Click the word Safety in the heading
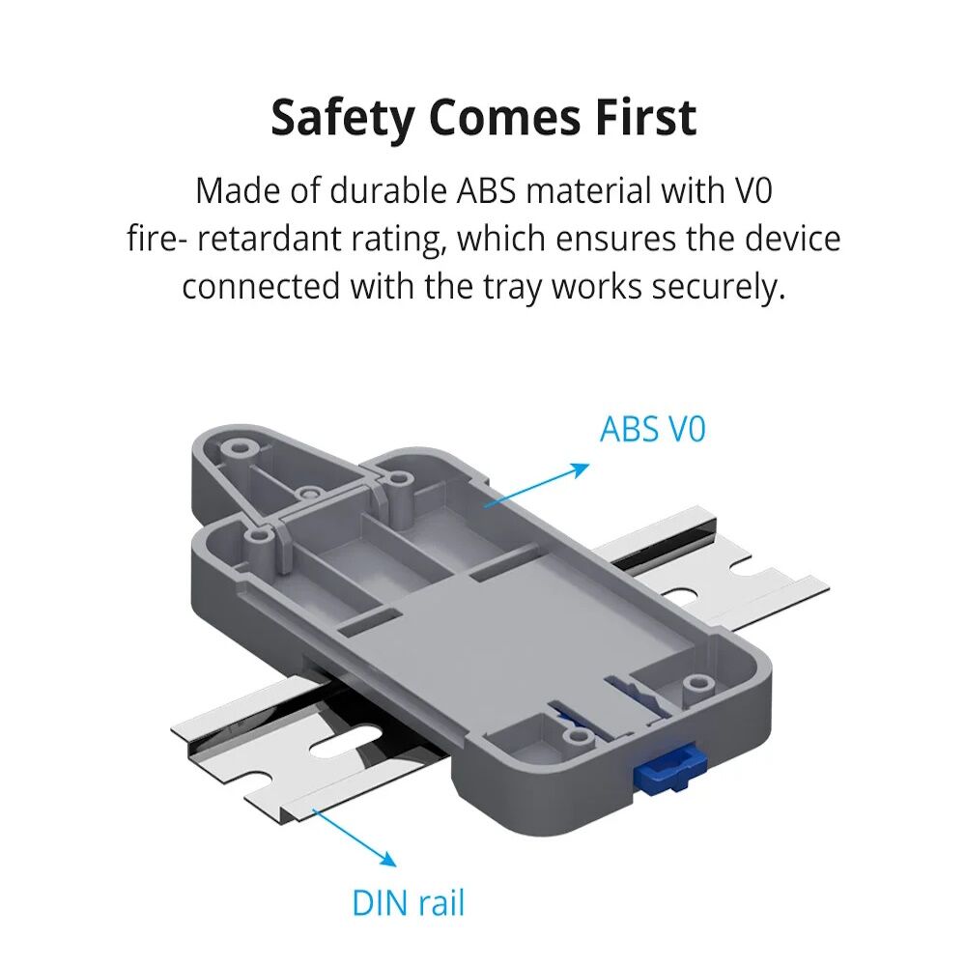point(343,118)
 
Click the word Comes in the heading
point(504,117)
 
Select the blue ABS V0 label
point(652,429)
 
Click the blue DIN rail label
point(408,903)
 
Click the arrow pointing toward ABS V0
point(536,486)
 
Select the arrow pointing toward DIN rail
point(355,838)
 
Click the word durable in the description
point(387,190)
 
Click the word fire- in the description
point(156,239)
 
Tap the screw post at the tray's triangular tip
point(235,447)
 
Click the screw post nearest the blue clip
point(696,683)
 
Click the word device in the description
point(792,239)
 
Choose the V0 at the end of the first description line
point(753,190)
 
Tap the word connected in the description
point(261,287)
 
